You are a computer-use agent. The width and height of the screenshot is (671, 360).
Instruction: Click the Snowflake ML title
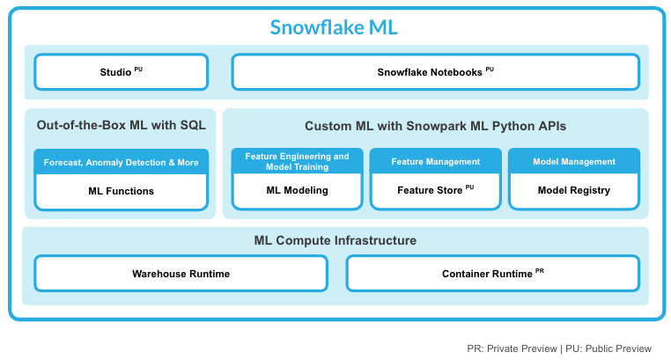tap(334, 27)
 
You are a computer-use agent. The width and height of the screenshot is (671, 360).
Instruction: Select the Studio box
tap(121, 72)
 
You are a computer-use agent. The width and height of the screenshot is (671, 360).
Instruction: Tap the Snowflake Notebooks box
tap(435, 72)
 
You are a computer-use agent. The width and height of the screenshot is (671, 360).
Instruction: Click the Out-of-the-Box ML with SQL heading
tap(121, 126)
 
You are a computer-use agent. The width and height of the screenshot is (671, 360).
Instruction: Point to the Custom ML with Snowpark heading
tap(435, 126)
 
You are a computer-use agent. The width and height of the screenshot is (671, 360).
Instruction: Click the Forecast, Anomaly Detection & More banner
tap(121, 162)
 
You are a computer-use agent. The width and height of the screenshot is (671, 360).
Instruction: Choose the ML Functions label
tap(121, 191)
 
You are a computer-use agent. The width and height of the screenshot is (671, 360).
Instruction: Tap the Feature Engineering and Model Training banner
tap(297, 162)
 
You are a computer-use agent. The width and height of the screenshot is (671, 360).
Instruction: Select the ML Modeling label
tap(297, 191)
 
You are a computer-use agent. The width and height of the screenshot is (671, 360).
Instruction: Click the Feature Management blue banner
tap(435, 162)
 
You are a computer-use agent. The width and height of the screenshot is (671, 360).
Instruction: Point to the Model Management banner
tap(574, 162)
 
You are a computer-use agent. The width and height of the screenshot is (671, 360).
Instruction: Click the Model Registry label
tap(574, 191)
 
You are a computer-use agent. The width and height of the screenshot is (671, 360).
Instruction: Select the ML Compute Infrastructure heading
tap(335, 240)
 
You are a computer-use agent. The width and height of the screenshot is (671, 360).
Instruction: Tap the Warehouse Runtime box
tap(181, 274)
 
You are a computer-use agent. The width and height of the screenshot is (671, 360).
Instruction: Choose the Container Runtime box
tap(492, 274)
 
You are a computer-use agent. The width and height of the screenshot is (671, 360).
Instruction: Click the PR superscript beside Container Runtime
tap(540, 271)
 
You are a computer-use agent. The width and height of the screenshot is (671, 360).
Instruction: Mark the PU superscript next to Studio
tap(139, 69)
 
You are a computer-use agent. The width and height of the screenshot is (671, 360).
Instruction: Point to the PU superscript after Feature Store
tap(469, 187)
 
